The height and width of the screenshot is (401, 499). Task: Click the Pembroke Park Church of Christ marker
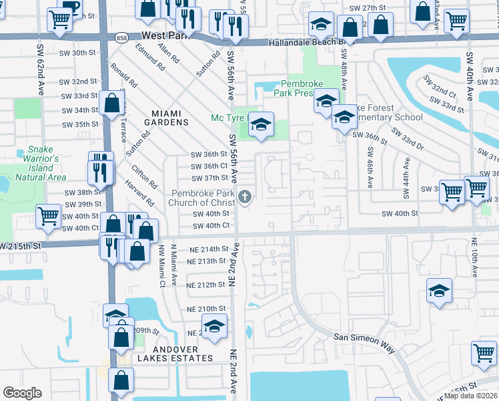click(x=245, y=196)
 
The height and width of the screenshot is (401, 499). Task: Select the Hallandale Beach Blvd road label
click(x=306, y=42)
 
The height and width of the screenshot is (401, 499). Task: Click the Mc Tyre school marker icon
click(x=261, y=124)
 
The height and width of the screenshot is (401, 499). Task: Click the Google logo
click(x=22, y=392)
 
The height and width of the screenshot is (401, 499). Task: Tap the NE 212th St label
click(x=206, y=285)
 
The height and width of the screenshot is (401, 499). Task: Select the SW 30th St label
click(x=79, y=52)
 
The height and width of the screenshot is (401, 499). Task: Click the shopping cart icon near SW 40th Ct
click(x=49, y=216)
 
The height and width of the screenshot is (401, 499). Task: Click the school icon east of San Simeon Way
click(x=439, y=291)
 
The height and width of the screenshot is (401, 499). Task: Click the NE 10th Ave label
click(x=474, y=257)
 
